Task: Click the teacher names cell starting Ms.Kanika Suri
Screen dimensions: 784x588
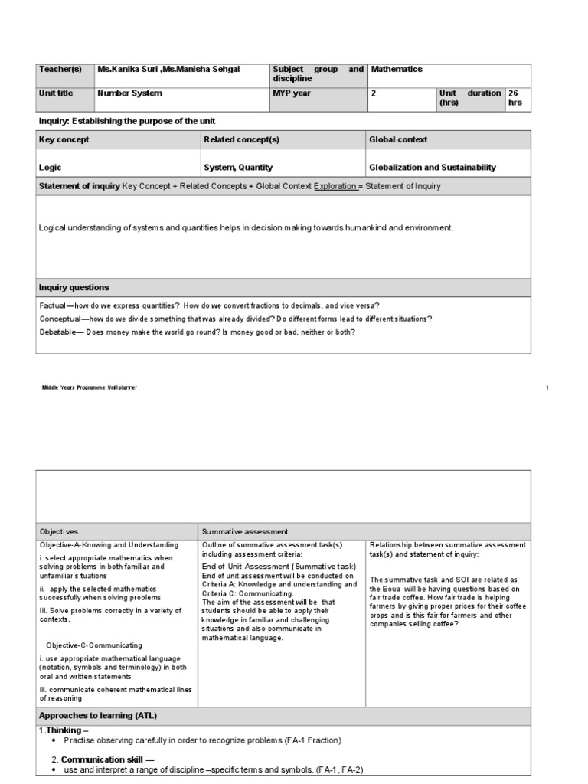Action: tap(168, 70)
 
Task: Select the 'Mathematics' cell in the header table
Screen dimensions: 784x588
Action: tap(397, 70)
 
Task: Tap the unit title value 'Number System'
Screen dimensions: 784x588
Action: tap(129, 93)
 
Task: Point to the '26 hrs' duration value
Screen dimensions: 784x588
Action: tap(514, 98)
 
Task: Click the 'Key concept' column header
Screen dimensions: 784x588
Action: tap(64, 140)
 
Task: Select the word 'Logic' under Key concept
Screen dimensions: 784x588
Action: tap(51, 168)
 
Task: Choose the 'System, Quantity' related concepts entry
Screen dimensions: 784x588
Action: tap(238, 168)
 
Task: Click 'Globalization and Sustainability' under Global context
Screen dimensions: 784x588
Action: tap(433, 168)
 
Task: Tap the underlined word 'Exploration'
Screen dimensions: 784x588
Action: tap(335, 186)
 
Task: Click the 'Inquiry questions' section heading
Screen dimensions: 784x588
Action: tap(74, 288)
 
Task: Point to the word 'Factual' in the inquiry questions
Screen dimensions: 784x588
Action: tap(54, 305)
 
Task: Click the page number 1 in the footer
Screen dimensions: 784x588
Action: tap(547, 388)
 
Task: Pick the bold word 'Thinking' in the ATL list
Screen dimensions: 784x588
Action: tap(64, 731)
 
